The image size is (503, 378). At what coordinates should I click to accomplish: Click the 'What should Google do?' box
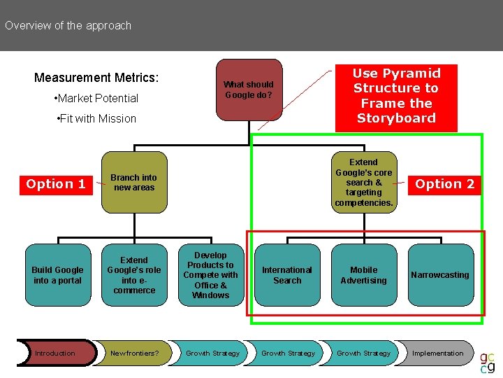pyautogui.click(x=249, y=90)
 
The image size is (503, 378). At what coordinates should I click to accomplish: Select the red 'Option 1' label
pyautogui.click(x=56, y=184)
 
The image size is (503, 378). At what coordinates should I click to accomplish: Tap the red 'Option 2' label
pyautogui.click(x=445, y=184)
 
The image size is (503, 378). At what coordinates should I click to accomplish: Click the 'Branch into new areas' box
pyautogui.click(x=134, y=183)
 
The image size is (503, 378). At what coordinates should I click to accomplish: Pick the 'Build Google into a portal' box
pyautogui.click(x=57, y=275)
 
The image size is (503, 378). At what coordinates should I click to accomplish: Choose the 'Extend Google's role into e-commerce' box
pyautogui.click(x=134, y=275)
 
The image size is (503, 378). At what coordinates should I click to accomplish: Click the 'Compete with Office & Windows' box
pyautogui.click(x=210, y=275)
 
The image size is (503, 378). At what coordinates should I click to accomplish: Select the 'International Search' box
pyautogui.click(x=287, y=275)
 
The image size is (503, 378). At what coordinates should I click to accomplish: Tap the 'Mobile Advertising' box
pyautogui.click(x=363, y=275)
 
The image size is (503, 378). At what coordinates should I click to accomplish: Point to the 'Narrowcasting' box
pyautogui.click(x=440, y=275)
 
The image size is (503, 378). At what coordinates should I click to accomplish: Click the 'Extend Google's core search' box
pyautogui.click(x=363, y=183)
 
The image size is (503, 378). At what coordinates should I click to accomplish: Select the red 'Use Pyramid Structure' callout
pyautogui.click(x=396, y=96)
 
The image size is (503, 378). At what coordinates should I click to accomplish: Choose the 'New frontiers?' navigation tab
pyautogui.click(x=134, y=353)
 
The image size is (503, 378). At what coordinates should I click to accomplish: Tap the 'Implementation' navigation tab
pyautogui.click(x=437, y=353)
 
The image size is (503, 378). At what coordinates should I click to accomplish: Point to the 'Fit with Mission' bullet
pyautogui.click(x=95, y=119)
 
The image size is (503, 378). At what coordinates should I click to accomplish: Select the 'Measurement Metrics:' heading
pyautogui.click(x=96, y=78)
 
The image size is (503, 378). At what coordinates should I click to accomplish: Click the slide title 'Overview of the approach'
pyautogui.click(x=68, y=26)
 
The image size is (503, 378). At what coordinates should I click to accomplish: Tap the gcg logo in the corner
pyautogui.click(x=488, y=361)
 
